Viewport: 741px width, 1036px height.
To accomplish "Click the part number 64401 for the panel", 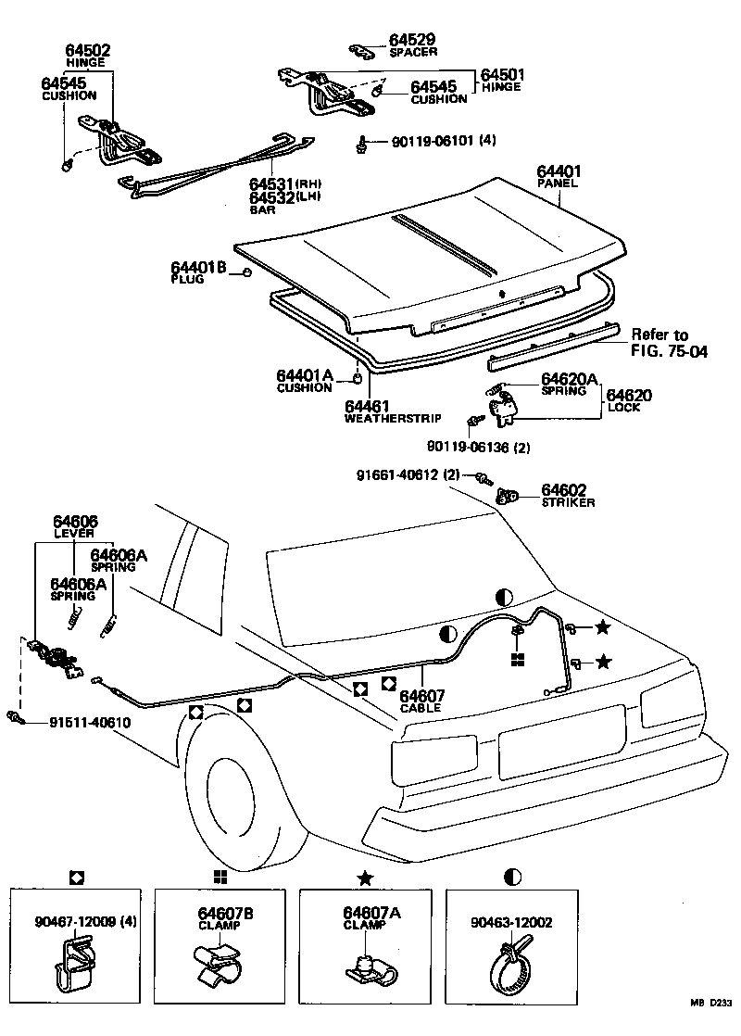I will [x=559, y=171].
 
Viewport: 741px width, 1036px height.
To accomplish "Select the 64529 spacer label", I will [x=412, y=40].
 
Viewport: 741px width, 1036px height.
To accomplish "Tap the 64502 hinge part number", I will [x=88, y=50].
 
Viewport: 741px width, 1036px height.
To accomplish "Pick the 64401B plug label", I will [x=199, y=266].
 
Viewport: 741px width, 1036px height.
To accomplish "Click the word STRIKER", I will [x=569, y=502].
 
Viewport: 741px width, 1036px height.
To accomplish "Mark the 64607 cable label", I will [x=421, y=696].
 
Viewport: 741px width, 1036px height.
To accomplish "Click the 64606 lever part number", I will [x=75, y=523].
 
